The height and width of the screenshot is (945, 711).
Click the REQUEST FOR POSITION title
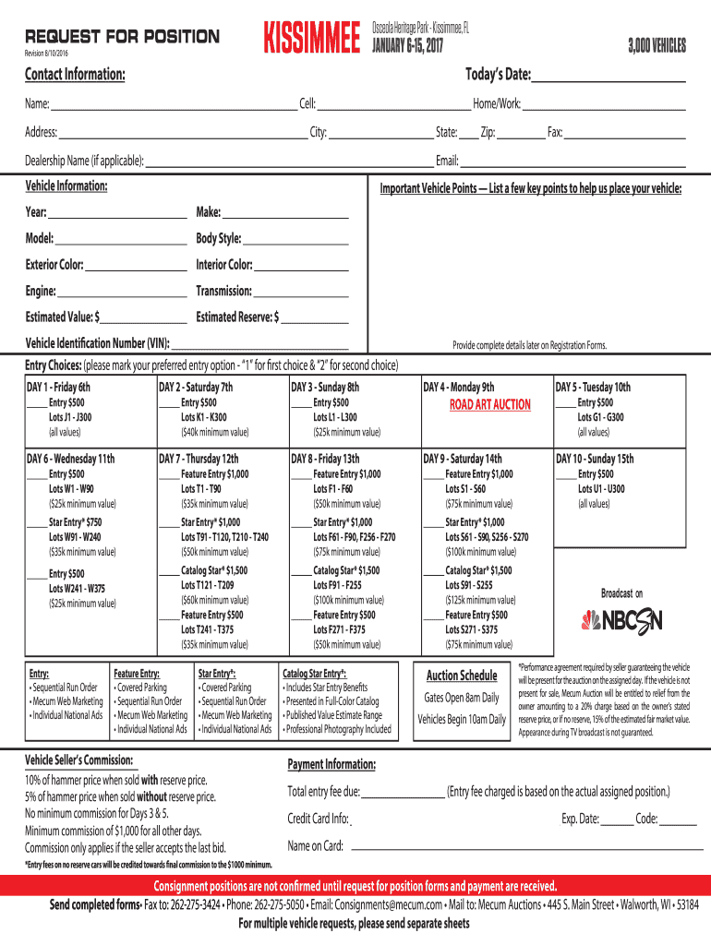pos(122,37)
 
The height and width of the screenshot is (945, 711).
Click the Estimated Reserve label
pos(237,317)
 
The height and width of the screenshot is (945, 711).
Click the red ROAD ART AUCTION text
pos(489,404)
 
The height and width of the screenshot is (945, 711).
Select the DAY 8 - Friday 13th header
pos(325,459)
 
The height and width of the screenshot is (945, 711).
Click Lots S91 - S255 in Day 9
pos(468,585)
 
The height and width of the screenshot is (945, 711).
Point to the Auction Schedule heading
pos(461,676)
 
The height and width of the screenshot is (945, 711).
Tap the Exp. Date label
pos(580,819)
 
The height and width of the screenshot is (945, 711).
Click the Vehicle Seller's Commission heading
pos(80,760)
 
